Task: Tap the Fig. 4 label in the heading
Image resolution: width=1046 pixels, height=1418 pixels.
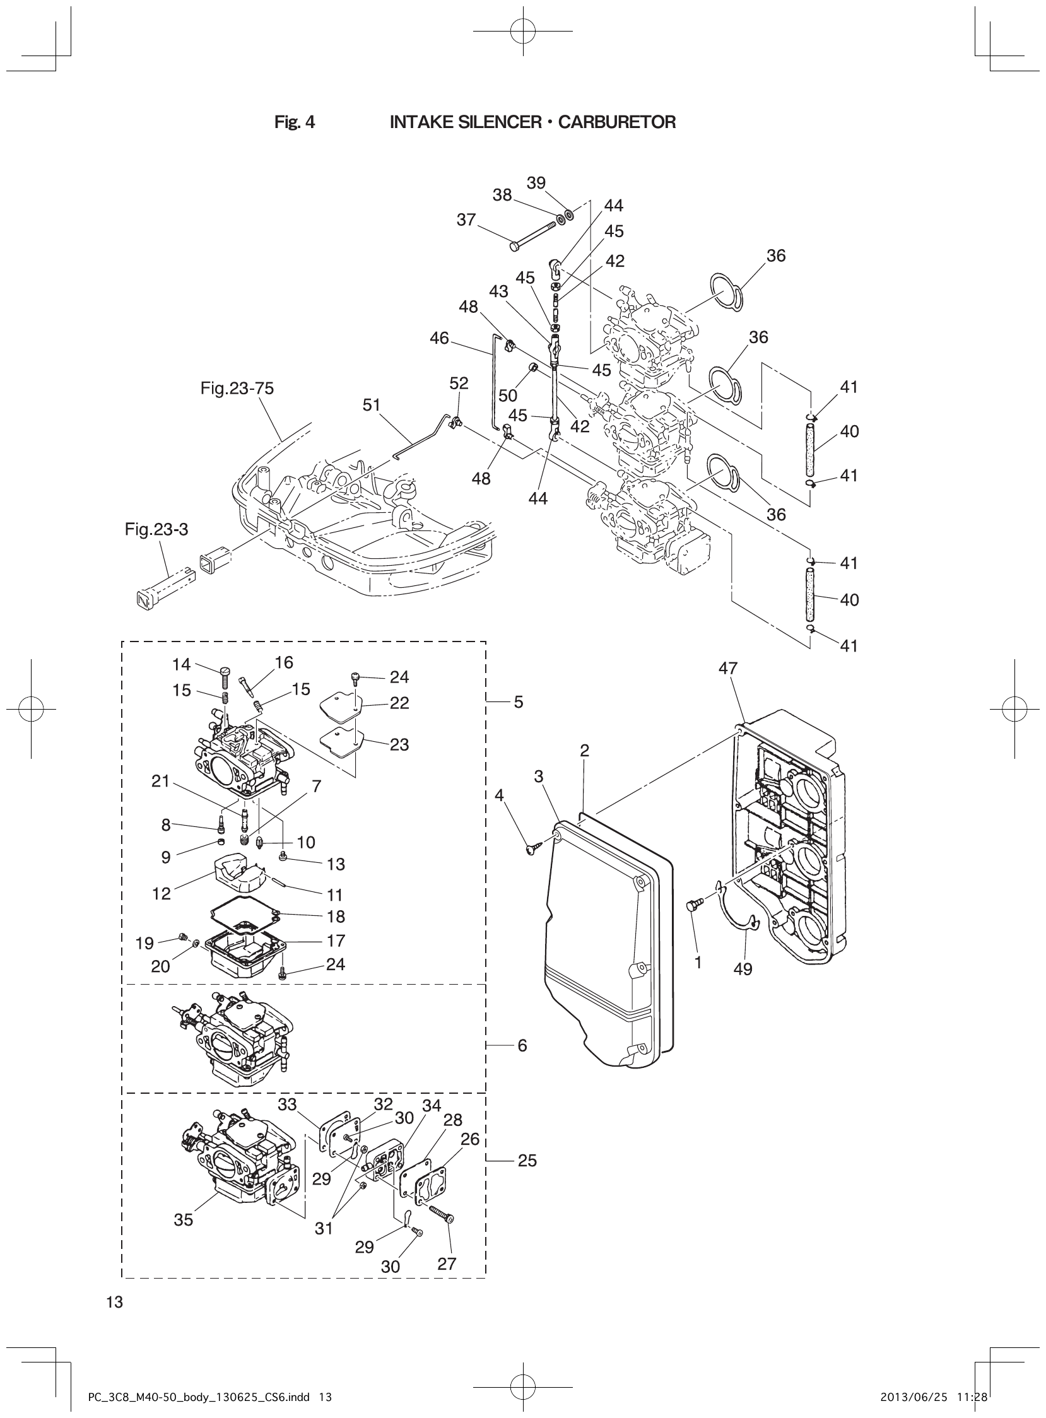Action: tap(295, 122)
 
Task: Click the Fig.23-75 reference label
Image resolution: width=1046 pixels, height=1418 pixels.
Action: tap(237, 388)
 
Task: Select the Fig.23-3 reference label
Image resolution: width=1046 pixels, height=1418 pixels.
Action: tap(156, 529)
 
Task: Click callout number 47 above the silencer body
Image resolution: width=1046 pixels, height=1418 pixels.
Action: tap(728, 668)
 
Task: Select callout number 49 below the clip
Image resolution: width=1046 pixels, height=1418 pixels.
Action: tap(743, 969)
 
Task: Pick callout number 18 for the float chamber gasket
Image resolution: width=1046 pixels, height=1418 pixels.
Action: tap(336, 917)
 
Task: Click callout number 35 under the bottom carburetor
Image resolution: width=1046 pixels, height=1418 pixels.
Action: tap(183, 1219)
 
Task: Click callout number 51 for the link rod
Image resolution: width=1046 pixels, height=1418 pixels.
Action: tap(372, 404)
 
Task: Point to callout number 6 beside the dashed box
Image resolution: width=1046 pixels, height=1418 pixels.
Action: tap(522, 1045)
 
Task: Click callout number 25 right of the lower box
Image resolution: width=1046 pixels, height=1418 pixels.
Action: tap(527, 1161)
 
